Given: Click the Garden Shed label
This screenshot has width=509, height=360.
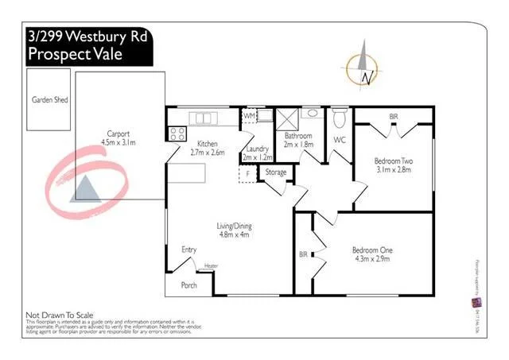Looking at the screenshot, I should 50,100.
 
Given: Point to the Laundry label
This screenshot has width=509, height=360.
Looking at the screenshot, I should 256,149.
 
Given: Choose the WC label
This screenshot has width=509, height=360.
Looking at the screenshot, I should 340,140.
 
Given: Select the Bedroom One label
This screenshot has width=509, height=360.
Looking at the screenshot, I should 372,250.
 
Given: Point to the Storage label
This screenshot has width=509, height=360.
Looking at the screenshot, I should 276,172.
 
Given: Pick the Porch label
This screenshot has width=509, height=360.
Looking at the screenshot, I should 189,285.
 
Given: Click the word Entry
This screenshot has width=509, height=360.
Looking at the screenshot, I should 188,250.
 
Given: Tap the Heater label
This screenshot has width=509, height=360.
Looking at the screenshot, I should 211,265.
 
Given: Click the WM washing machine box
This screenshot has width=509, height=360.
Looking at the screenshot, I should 249,116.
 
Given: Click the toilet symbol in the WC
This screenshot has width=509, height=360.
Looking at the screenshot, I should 340,119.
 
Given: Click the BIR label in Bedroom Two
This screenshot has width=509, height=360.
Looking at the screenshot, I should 393,117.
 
